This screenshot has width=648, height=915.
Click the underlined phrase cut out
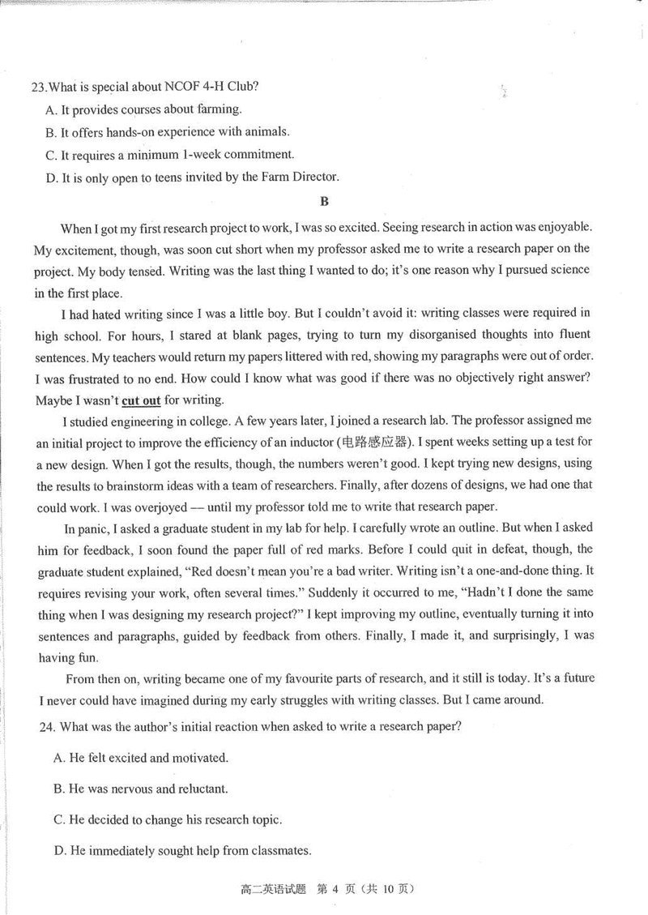[x=141, y=400]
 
